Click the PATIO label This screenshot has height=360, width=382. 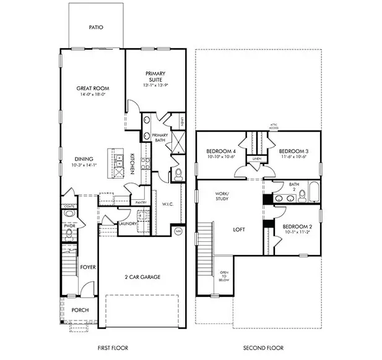tap(95, 27)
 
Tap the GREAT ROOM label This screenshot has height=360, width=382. tap(93, 88)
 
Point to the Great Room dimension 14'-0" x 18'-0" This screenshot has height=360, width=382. tap(93, 95)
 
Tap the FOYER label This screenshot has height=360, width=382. tap(87, 267)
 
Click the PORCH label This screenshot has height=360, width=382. tap(80, 310)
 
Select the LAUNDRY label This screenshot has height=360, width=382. tap(128, 224)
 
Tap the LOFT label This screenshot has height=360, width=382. tap(239, 229)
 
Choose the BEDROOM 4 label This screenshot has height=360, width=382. tap(220, 151)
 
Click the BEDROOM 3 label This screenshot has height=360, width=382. tap(292, 151)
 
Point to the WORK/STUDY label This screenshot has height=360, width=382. tap(221, 196)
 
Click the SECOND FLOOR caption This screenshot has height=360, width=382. tap(259, 348)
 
